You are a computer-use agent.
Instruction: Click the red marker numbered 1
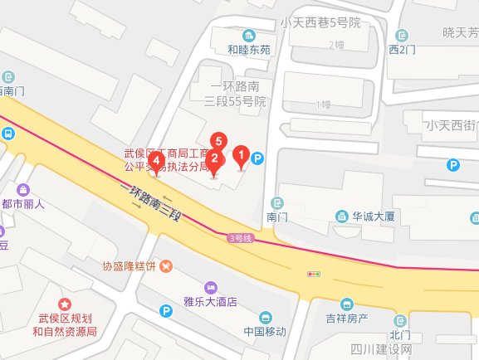coord(242,155)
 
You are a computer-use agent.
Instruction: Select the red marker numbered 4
coord(156,161)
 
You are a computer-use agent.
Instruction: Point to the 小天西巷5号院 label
coord(320,22)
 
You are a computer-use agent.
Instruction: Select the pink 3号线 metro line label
coord(240,238)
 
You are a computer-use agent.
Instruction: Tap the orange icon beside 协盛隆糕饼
coord(168,267)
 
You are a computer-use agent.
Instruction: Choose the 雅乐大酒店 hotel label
coord(210,302)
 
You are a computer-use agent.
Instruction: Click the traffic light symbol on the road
coord(315,273)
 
